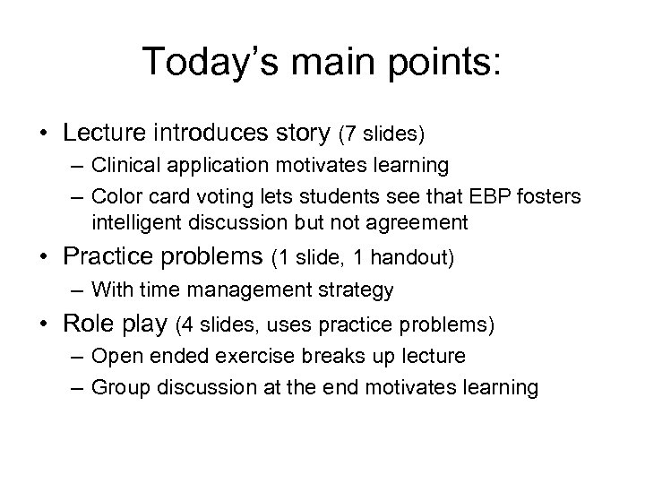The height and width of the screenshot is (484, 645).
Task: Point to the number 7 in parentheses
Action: point(350,134)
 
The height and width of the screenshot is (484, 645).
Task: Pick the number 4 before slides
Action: point(188,323)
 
